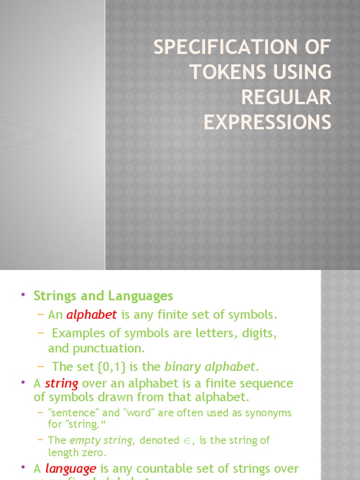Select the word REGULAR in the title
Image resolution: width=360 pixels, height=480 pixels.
click(286, 97)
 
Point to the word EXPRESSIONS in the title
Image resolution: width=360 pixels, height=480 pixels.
click(267, 122)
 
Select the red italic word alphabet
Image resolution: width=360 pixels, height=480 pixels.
click(91, 315)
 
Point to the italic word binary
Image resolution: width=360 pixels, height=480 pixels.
click(182, 366)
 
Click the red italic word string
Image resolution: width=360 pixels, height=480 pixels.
click(61, 383)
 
